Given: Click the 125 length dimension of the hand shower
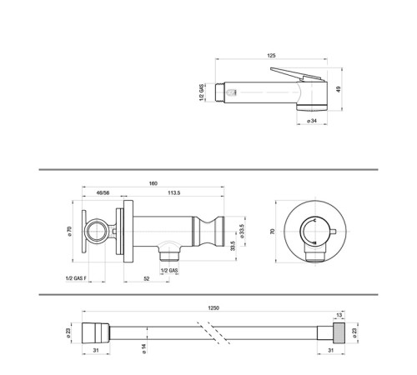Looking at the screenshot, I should (x=271, y=55).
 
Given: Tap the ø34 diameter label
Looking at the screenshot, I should (x=311, y=121).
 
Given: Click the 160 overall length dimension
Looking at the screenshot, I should (x=154, y=183).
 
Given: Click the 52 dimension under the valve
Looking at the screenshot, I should (x=146, y=279).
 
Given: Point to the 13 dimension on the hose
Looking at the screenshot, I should (x=339, y=315).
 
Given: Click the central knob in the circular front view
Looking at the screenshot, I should (x=314, y=232).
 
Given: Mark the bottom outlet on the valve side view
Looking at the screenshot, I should (x=169, y=249).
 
